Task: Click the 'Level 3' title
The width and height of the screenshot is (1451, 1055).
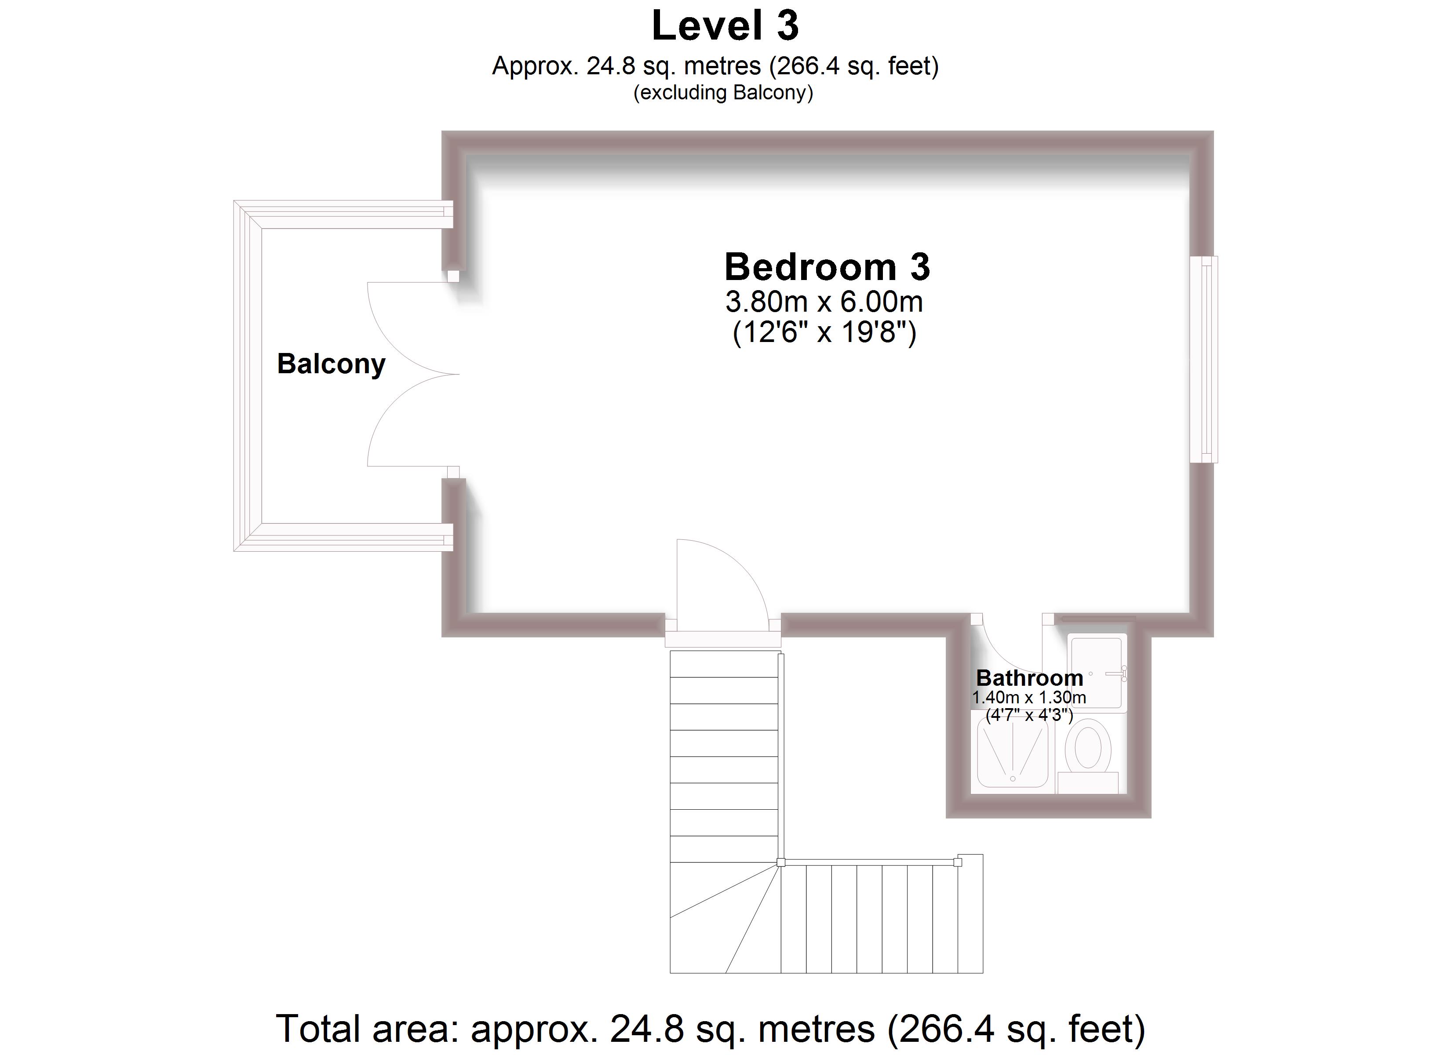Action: [x=725, y=27]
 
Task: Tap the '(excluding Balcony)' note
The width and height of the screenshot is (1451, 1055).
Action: [x=723, y=93]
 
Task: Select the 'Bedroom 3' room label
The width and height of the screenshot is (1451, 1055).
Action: [x=827, y=267]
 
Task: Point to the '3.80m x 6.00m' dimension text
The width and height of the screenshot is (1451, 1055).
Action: [x=824, y=302]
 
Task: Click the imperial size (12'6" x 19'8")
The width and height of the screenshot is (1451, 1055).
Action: [x=824, y=333]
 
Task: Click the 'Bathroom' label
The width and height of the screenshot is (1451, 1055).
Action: [x=1029, y=677]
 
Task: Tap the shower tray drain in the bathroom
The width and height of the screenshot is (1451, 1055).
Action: [x=1013, y=779]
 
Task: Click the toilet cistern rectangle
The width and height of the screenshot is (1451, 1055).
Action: [x=1088, y=782]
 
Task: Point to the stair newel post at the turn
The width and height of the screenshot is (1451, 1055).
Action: [x=780, y=862]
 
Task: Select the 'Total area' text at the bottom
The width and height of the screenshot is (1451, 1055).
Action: [x=710, y=1029]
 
